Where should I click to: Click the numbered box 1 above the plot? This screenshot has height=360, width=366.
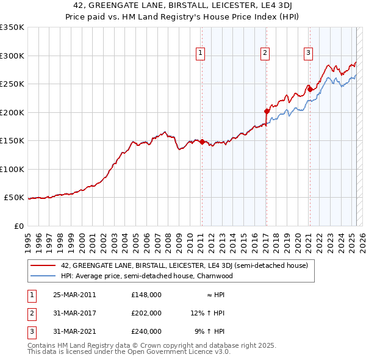click(x=201, y=53)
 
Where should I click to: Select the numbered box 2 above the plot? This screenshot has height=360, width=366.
click(x=265, y=53)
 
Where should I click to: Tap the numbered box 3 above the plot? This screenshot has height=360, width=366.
click(x=309, y=53)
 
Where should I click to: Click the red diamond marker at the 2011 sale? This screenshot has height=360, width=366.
click(x=202, y=142)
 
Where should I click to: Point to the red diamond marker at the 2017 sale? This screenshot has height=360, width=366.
click(x=267, y=111)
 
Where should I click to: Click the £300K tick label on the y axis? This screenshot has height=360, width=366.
click(x=12, y=56)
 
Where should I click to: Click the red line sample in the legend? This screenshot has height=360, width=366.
click(x=43, y=265)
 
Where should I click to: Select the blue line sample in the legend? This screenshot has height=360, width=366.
click(x=43, y=276)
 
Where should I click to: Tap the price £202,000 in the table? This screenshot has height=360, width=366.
click(x=146, y=313)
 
